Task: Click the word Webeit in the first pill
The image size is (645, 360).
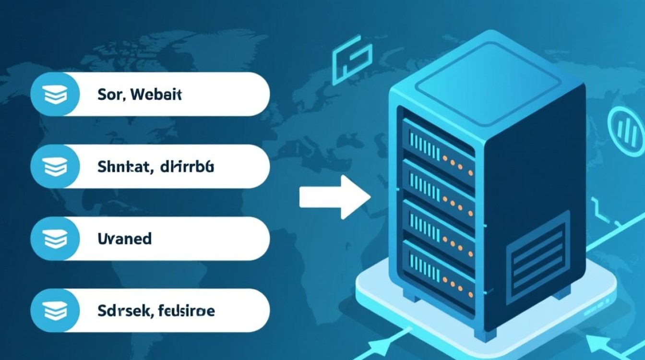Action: tap(156, 95)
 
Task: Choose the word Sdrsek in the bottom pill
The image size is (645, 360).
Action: tap(121, 311)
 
